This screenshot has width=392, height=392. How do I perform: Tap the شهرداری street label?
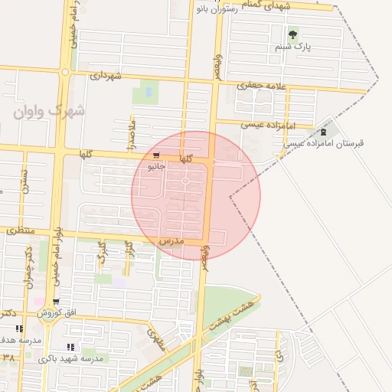(106, 76)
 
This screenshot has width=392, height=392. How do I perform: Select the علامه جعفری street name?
(260, 86)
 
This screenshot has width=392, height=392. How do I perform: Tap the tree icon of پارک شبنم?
(292, 34)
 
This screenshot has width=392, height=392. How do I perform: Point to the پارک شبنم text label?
(295, 47)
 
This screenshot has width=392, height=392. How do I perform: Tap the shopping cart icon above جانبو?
(156, 155)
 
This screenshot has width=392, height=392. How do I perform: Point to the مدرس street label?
(173, 240)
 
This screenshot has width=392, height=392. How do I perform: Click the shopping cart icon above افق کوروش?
(56, 302)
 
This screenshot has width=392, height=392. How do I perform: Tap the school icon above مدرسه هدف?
(19, 328)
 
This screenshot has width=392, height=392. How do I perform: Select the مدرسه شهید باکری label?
(81, 358)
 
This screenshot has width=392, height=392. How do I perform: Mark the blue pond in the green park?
(146, 93)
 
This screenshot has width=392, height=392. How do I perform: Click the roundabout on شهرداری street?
(65, 73)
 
